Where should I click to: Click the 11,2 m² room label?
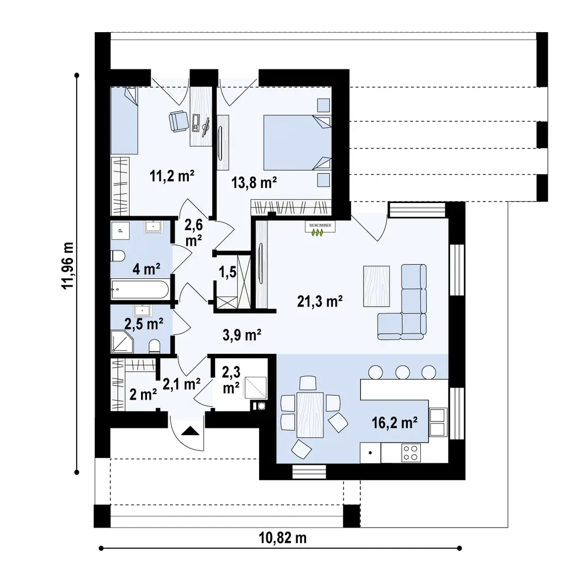point(171,175)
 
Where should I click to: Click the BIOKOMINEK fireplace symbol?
point(320,229)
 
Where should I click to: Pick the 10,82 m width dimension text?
point(283,538)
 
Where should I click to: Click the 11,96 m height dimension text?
point(68,266)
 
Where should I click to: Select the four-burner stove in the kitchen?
point(411,452)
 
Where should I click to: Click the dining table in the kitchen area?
point(310,415)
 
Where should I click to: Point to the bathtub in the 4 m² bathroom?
point(140,289)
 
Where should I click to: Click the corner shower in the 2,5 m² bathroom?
point(122,341)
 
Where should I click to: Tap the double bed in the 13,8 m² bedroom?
point(297,143)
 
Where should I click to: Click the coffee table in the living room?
point(376,286)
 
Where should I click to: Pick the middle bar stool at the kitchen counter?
point(402,372)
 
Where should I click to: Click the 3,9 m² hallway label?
point(242,334)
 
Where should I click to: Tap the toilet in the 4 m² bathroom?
point(118,256)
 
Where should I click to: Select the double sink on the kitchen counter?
point(438,422)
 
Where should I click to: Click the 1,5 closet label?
point(228,272)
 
